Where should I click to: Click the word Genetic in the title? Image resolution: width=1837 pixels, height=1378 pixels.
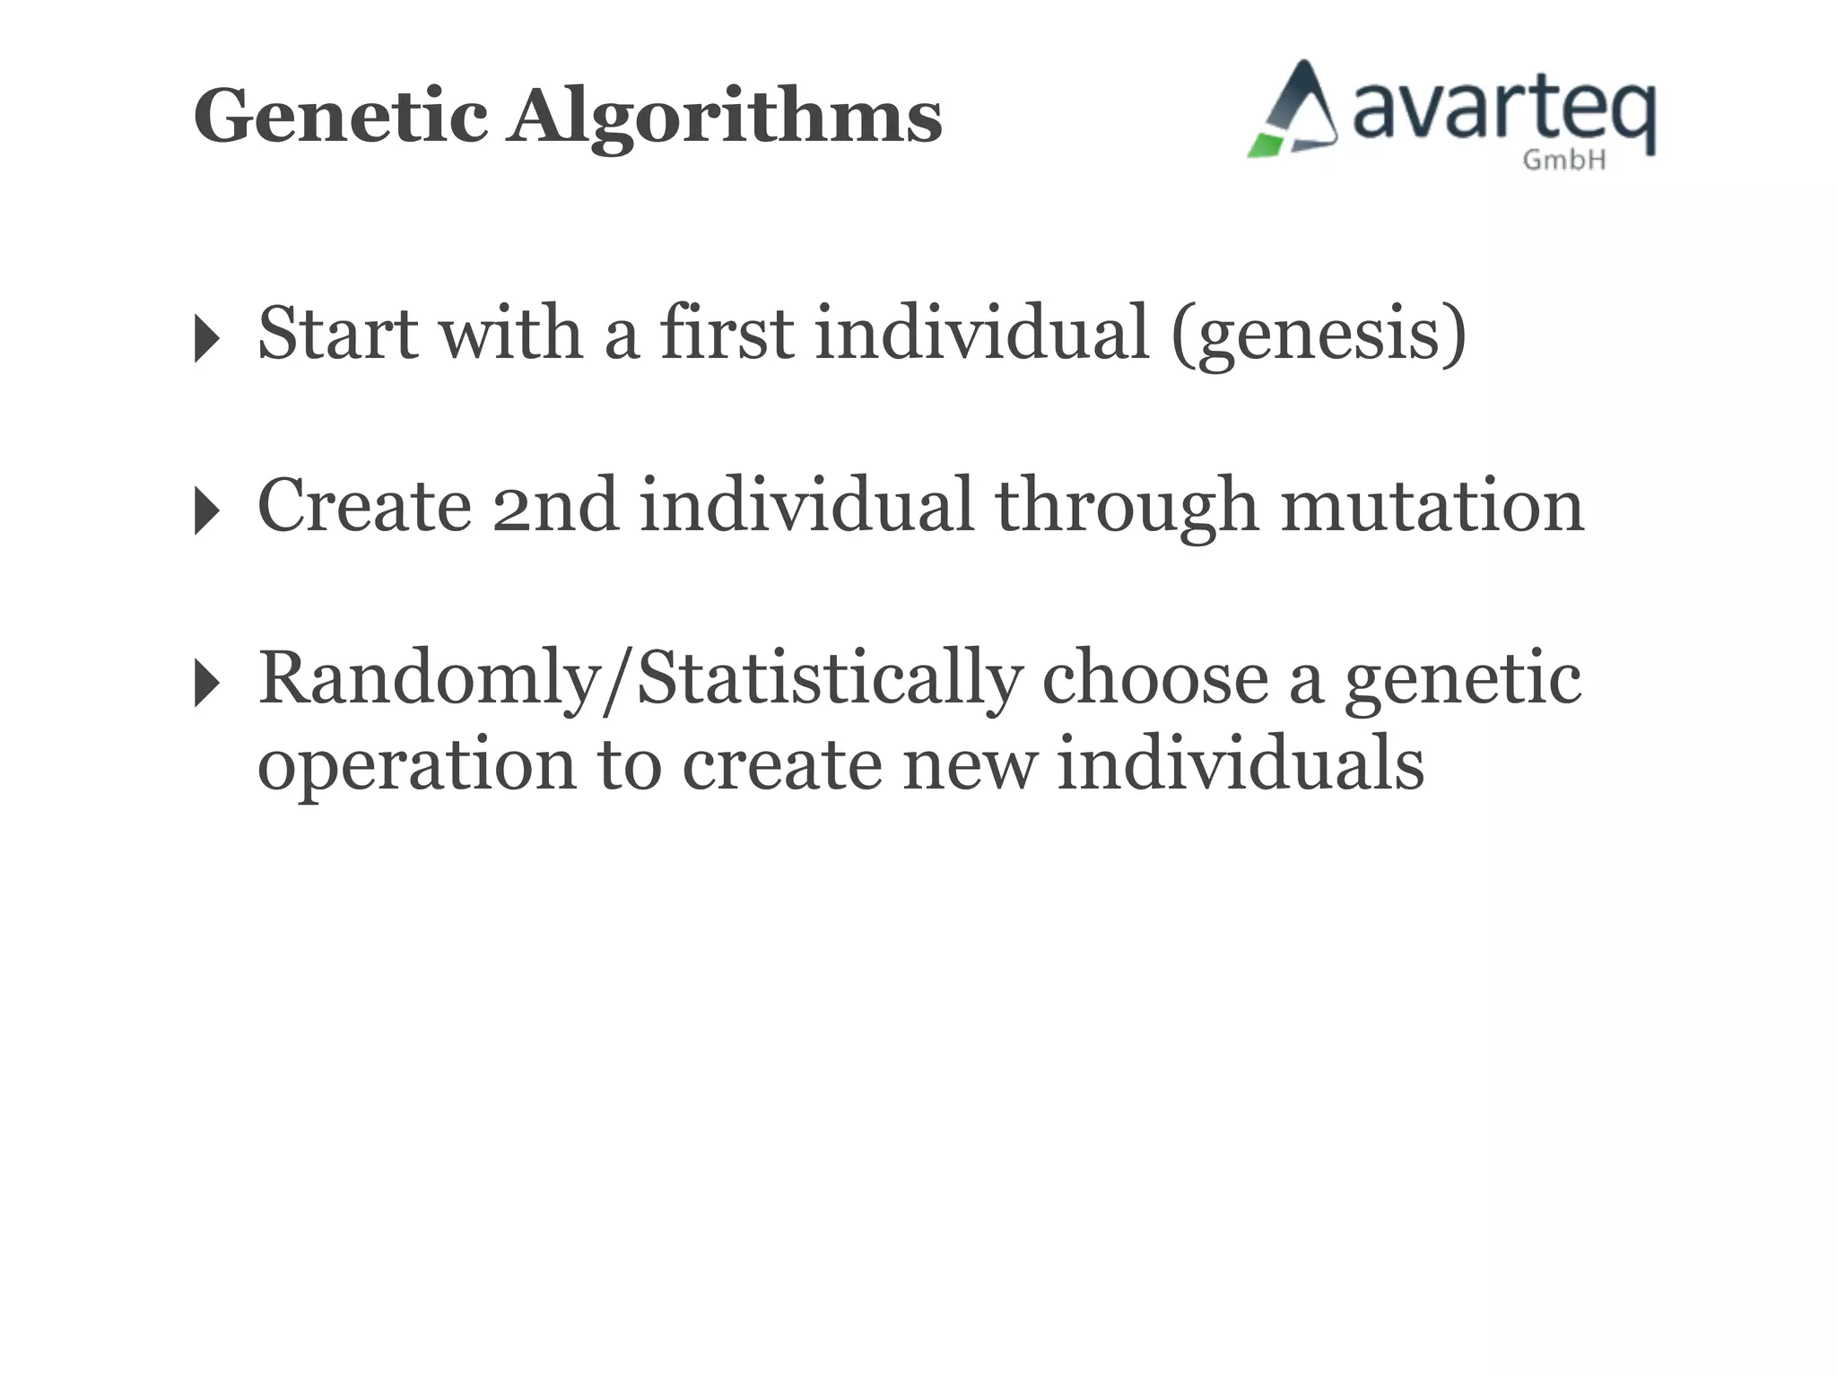[341, 117]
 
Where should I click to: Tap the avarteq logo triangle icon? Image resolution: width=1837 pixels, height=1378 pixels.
[1293, 111]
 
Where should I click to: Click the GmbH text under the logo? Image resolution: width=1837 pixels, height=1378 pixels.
[1563, 161]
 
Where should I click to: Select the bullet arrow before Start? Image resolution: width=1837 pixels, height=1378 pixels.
[206, 339]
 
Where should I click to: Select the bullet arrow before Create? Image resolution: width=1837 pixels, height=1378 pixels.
[206, 511]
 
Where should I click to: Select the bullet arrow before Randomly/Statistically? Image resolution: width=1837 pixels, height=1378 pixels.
[206, 684]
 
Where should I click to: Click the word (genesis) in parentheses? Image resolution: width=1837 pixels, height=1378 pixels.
[1319, 334]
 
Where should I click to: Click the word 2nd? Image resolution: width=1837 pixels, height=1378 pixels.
[555, 506]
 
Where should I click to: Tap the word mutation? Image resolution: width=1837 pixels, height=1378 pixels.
[1432, 506]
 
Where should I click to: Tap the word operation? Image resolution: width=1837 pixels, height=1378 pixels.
[416, 765]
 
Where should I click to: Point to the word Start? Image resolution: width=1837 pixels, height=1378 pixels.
[338, 333]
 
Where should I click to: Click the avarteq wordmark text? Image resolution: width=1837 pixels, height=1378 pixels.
[1502, 112]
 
